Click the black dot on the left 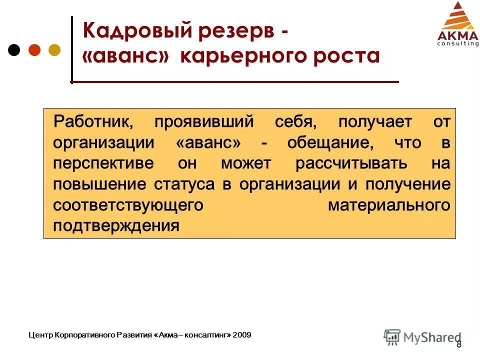click(14, 50)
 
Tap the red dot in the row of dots click(34, 50)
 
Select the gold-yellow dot click(54, 50)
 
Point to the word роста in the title click(344, 56)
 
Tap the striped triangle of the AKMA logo click(457, 16)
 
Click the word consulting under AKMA click(457, 43)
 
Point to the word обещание click(330, 142)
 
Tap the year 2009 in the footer click(242, 334)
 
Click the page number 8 click(459, 344)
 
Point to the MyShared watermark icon click(392, 336)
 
